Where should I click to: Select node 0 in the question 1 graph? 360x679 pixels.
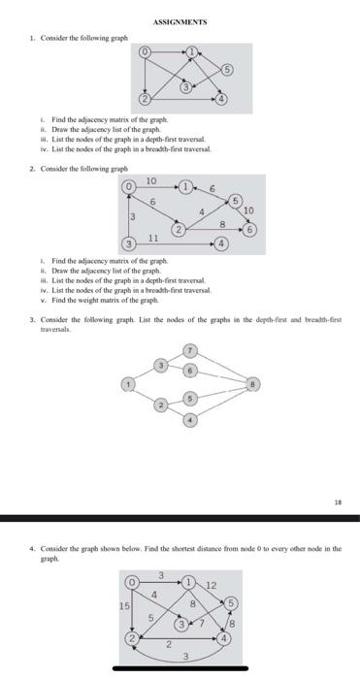[146, 50]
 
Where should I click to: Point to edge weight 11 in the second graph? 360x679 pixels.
[153, 238]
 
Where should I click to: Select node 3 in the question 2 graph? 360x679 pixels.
[127, 243]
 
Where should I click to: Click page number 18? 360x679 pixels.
[337, 503]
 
